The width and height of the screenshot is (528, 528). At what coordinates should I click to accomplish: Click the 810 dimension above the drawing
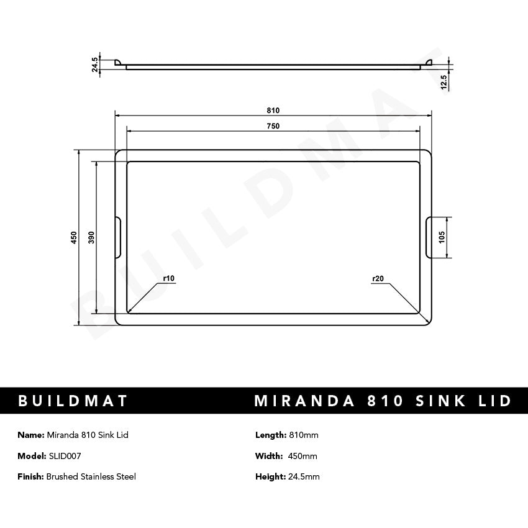(x=273, y=111)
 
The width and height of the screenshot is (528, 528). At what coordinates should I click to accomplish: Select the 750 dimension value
(x=273, y=126)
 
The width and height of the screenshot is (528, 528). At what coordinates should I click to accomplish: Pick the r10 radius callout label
(x=168, y=279)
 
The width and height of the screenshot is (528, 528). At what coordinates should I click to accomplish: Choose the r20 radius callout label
(x=378, y=279)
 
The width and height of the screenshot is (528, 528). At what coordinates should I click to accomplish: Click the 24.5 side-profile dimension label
(x=95, y=65)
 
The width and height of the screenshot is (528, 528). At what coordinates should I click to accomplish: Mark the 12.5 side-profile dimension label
(x=443, y=83)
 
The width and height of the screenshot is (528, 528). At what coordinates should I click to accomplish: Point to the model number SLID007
(x=65, y=456)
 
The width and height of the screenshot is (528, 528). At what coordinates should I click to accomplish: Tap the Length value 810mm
(x=304, y=435)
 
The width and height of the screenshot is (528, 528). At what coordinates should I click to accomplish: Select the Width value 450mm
(x=303, y=456)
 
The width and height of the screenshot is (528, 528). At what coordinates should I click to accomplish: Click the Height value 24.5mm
(x=304, y=476)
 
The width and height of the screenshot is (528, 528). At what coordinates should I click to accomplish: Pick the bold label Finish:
(x=31, y=476)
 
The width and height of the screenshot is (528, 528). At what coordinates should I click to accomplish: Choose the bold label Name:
(x=31, y=435)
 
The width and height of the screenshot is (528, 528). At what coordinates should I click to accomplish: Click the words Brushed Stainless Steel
(x=91, y=476)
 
